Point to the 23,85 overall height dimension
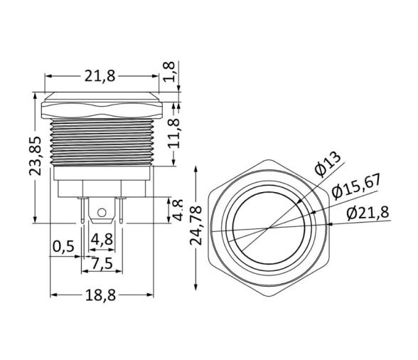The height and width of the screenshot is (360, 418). click(x=42, y=155)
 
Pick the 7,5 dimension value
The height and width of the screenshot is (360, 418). click(x=102, y=263)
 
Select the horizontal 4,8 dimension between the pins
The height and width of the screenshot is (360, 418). click(x=102, y=238)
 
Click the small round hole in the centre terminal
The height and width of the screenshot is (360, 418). click(x=102, y=212)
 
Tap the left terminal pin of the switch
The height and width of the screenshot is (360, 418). click(x=85, y=211)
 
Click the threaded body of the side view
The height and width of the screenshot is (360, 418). click(x=102, y=142)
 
